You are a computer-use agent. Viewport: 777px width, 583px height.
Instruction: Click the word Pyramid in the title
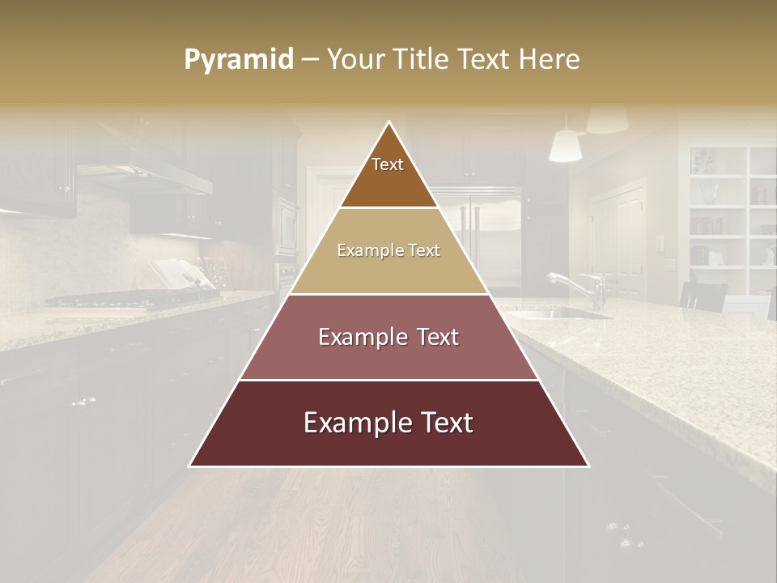(x=238, y=59)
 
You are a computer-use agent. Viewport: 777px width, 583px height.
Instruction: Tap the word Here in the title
(x=550, y=59)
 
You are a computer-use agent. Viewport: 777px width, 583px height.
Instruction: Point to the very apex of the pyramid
(x=389, y=123)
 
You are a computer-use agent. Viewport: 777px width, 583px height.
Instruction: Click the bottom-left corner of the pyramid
(x=190, y=466)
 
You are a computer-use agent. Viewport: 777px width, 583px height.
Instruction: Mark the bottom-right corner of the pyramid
(x=588, y=466)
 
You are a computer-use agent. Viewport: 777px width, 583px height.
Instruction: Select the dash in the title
(x=310, y=59)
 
